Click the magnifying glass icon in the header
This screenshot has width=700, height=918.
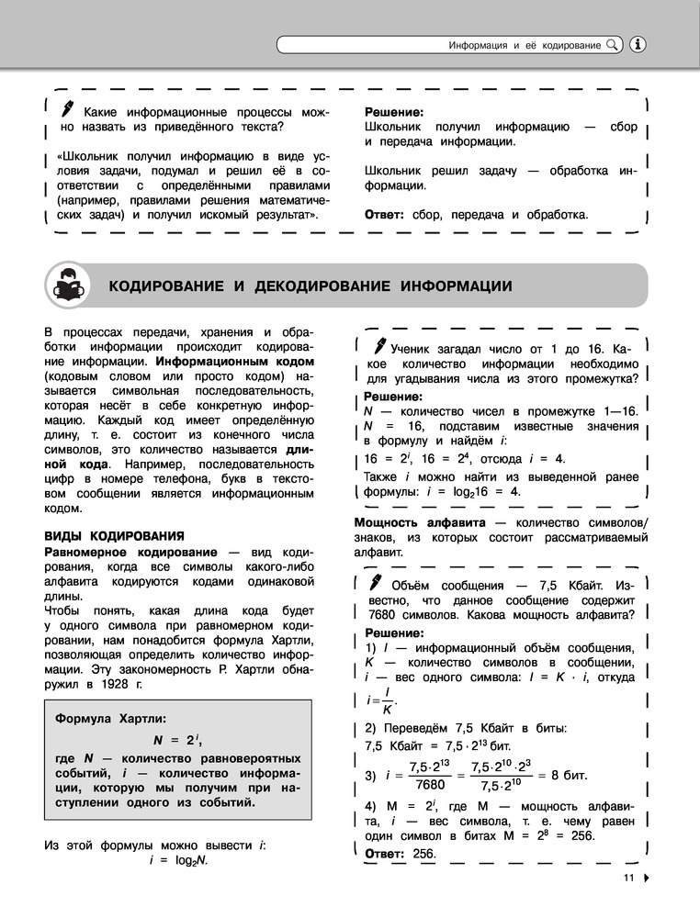point(614,44)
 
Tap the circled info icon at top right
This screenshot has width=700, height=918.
point(640,44)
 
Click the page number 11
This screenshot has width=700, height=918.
point(628,878)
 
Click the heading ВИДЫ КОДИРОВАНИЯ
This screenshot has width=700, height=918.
point(116,535)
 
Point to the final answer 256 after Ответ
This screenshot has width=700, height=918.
point(423,854)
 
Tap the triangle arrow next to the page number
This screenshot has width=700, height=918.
point(647,878)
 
